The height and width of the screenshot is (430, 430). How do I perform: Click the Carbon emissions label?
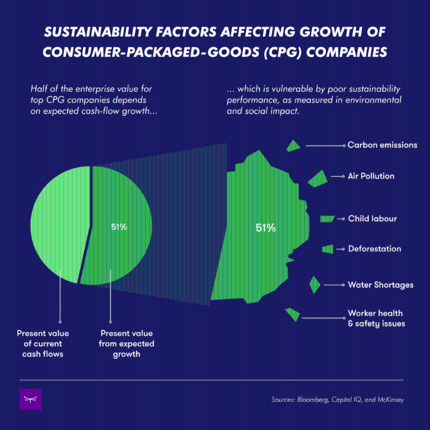pos(382,145)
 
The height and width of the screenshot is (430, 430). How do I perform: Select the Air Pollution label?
pos(371,176)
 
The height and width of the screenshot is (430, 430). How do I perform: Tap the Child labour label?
pos(372,219)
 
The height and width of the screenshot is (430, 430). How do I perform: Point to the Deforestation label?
pos(375,249)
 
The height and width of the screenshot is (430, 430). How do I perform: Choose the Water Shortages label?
pos(381,285)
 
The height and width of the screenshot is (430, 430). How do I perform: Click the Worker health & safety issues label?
pos(376,318)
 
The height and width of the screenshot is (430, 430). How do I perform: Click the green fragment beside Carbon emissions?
pos(293,146)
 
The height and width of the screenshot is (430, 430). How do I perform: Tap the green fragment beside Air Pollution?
pos(318,178)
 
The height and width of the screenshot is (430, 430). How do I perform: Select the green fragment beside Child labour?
pos(327,219)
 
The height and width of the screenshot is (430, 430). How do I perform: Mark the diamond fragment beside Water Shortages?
pos(315,284)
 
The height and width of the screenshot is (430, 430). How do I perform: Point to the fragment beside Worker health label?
pos(292,314)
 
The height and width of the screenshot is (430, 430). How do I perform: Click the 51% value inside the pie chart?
pos(119,227)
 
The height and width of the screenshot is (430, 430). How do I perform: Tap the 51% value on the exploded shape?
pos(266,228)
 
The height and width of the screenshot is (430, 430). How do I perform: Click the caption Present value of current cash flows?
pos(42,344)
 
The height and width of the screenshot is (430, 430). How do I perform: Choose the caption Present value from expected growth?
pos(127,344)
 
